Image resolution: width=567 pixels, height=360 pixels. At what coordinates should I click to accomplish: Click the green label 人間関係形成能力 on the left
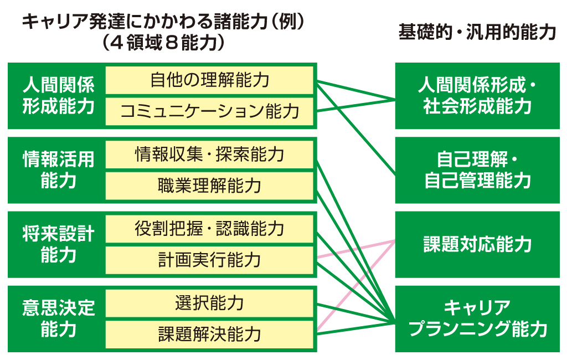tap(58, 96)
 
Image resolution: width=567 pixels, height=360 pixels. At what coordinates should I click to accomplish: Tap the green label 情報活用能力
tap(58, 170)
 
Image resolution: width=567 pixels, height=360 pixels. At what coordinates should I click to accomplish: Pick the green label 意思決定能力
tap(58, 318)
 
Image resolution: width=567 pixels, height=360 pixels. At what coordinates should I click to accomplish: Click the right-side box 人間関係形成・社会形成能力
tap(477, 96)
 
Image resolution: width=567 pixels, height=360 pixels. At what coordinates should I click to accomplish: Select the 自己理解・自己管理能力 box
tap(477, 170)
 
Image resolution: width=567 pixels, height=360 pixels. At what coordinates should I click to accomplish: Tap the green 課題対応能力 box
tap(477, 244)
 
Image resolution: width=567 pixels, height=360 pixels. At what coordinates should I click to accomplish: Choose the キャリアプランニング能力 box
tap(477, 318)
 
